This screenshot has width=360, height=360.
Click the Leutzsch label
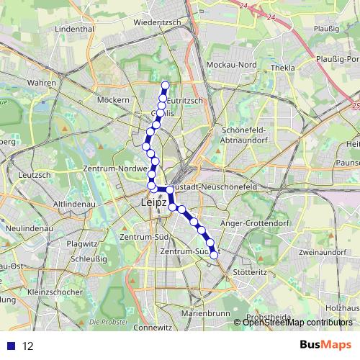click(34, 174)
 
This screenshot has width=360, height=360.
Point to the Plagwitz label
click(82, 243)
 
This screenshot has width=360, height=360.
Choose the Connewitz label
click(152, 327)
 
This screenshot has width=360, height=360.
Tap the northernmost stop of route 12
click(165, 86)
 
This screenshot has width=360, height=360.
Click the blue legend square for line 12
click(11, 346)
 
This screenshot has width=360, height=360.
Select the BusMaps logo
click(325, 345)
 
